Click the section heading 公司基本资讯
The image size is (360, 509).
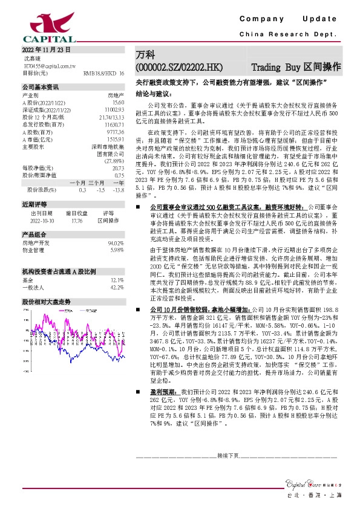point(41,87)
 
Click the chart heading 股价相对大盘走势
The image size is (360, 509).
point(46,300)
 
